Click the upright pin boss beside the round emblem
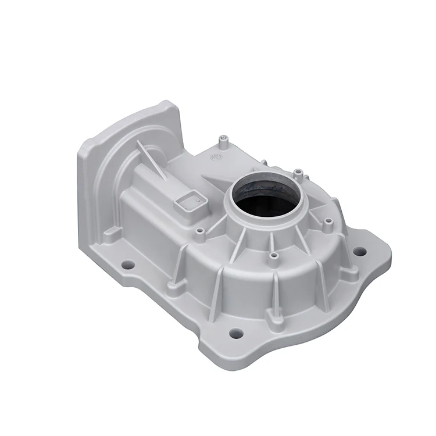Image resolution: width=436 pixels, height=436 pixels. [223, 140]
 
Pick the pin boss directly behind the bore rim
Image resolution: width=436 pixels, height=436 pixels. [298, 173]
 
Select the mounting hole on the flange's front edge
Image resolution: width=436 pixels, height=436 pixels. [235, 333]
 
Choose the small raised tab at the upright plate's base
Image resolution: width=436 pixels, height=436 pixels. [112, 235]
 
